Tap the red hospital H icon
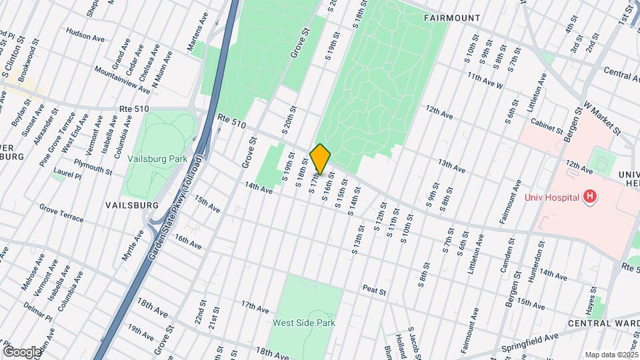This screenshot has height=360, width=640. coord(589,197)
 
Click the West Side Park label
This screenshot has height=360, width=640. coord(303,323)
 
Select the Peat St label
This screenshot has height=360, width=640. coord(375,290)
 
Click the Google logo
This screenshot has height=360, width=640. coord(21,351)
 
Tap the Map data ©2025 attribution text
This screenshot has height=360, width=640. coord(611,355)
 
